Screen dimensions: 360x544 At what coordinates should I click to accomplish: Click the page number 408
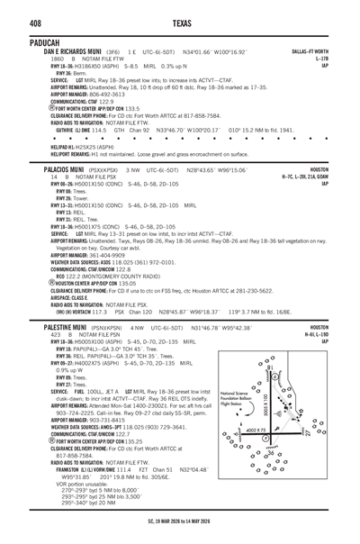[14, 12]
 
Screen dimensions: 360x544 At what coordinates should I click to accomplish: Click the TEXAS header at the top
[180, 12]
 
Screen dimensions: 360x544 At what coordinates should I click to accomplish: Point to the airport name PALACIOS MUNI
[40, 195]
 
